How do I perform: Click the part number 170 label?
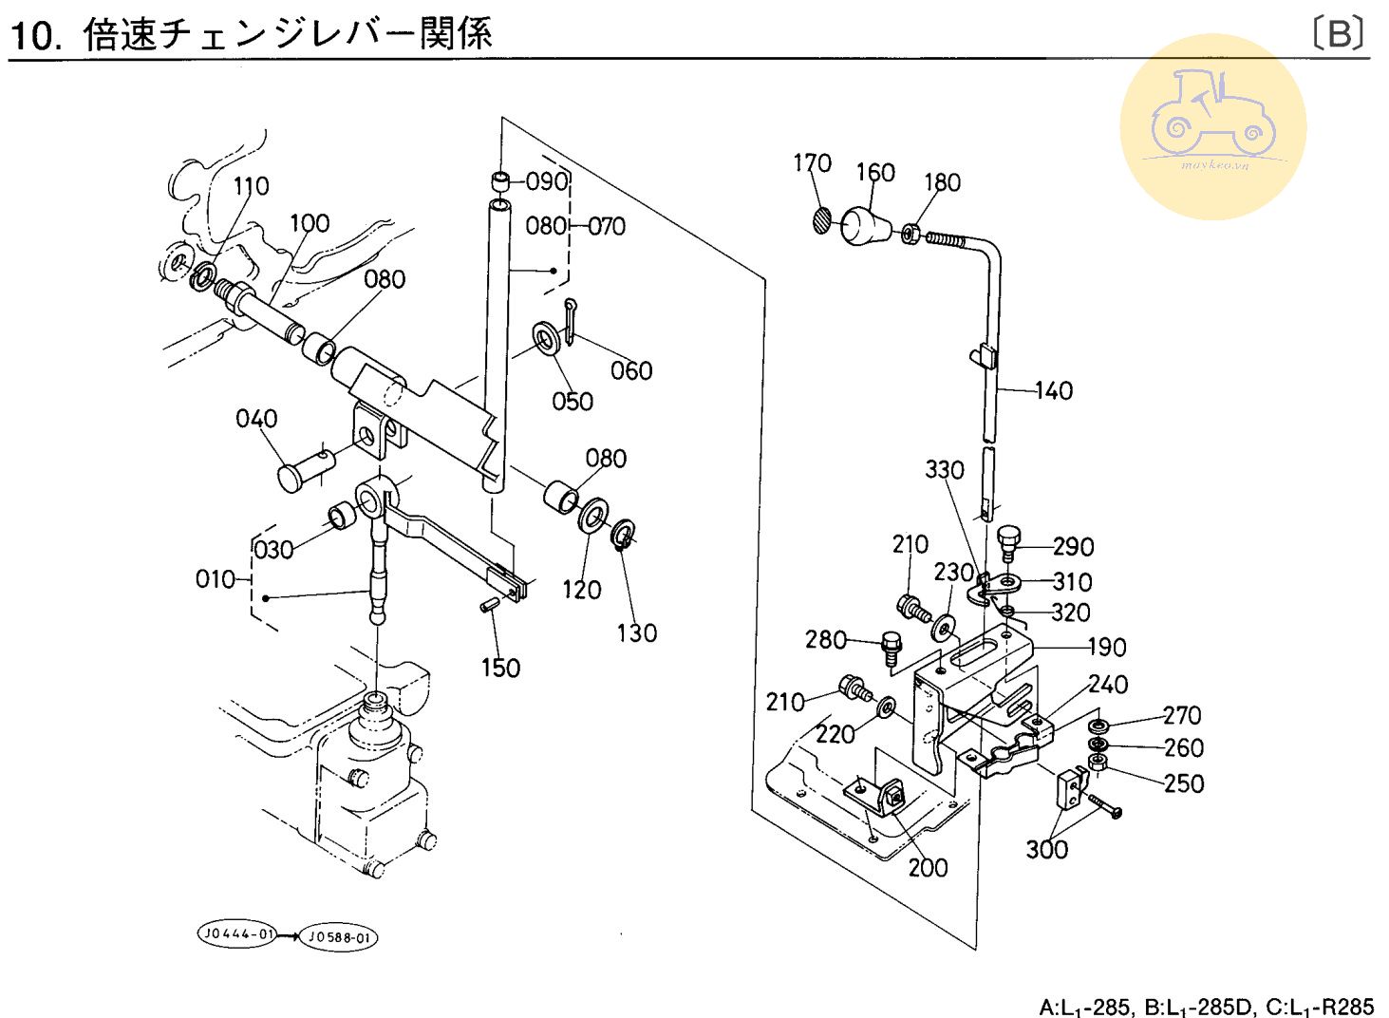812,163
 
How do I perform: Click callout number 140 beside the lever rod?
1053,390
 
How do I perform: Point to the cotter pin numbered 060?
570,321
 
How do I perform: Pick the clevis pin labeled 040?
305,471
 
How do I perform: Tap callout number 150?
500,668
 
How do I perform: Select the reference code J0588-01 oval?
339,938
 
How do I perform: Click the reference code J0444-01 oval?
236,934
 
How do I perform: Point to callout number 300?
1046,848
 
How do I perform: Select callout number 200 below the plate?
927,867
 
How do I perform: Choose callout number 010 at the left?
216,578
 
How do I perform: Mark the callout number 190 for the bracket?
1106,647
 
